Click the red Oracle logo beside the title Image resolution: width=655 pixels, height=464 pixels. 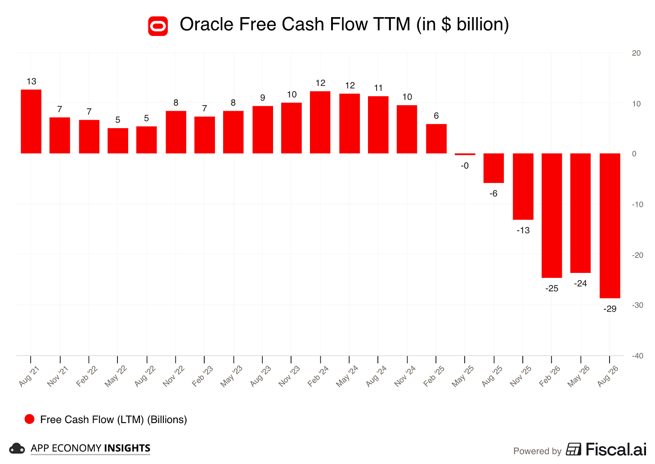(158, 26)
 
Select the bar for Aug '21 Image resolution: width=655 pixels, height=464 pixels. (31, 121)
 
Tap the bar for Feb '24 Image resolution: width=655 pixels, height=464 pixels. (320, 122)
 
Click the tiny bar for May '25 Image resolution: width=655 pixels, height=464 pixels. (465, 154)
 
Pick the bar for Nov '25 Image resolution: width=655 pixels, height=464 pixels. (523, 187)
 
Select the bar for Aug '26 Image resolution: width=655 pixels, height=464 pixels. (610, 226)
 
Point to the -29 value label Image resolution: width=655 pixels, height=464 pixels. (610, 309)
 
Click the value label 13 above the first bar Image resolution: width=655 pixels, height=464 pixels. (31, 81)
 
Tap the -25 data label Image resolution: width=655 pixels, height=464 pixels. (552, 288)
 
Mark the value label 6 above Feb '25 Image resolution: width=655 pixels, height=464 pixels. (436, 116)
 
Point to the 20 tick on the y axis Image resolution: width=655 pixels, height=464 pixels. (636, 53)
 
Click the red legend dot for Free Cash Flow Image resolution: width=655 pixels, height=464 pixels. (30, 419)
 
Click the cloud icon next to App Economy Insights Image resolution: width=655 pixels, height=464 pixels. (17, 449)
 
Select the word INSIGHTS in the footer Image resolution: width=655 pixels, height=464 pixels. (127, 448)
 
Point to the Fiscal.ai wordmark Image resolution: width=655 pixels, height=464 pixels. (616, 450)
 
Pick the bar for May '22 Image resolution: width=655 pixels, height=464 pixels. (118, 141)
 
